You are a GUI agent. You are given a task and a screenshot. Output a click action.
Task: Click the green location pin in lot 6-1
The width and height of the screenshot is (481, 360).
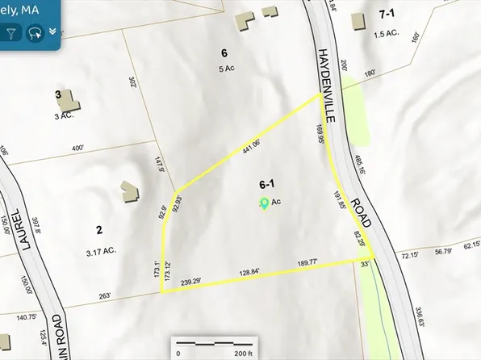click(x=264, y=203)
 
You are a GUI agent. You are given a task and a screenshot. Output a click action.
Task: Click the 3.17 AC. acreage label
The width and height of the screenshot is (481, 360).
click(x=101, y=251)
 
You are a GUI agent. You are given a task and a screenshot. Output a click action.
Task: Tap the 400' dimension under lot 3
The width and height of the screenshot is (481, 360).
click(x=77, y=149)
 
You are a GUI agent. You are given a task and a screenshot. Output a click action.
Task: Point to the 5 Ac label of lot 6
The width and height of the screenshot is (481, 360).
click(x=225, y=68)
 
